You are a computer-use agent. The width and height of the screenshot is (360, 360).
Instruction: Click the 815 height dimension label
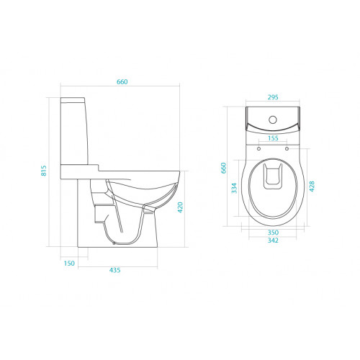[x=44, y=171]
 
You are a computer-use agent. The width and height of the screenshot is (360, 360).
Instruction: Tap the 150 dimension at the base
[x=69, y=264]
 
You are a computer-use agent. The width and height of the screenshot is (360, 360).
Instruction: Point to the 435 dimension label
[x=114, y=271]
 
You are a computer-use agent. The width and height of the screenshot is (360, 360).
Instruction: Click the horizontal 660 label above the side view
[x=122, y=82]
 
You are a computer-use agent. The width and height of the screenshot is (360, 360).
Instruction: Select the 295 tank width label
[x=272, y=96]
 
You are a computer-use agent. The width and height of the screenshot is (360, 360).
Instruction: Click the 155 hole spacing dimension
[x=272, y=138]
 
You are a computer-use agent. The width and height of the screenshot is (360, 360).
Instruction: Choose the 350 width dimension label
[x=272, y=233]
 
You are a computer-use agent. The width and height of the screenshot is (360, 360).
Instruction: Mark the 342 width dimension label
[x=272, y=242]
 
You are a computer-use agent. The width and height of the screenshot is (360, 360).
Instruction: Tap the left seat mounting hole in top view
[x=258, y=148]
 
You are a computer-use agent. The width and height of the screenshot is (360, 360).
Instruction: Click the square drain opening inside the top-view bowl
[x=272, y=176]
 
